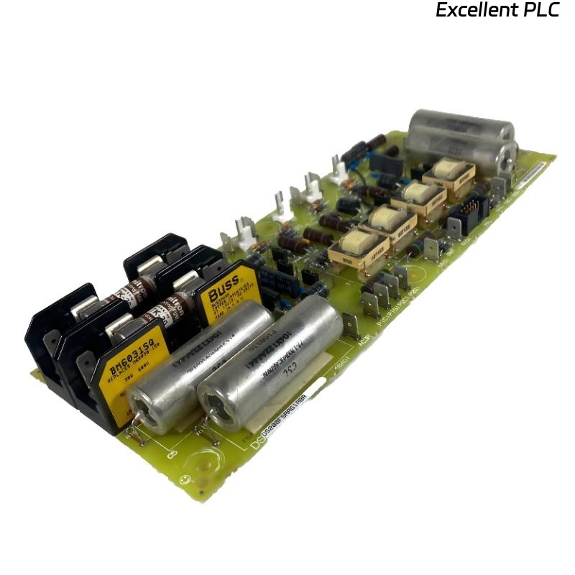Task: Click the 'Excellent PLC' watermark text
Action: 497,11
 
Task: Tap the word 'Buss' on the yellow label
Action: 223,289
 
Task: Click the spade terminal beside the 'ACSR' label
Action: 351,325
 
